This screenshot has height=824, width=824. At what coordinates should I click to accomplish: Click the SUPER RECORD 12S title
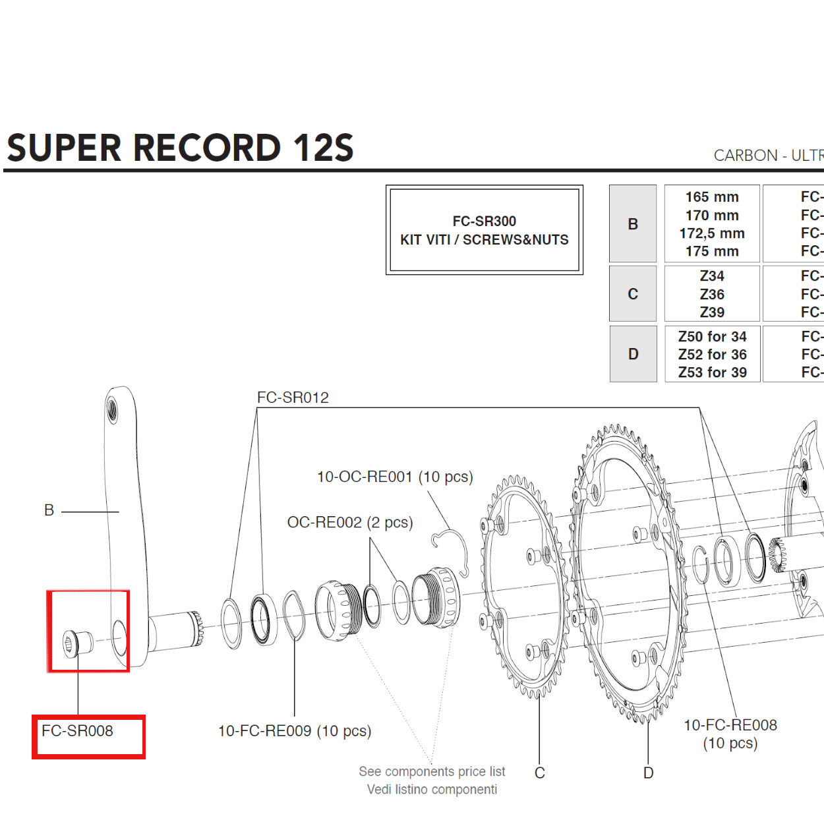(180, 148)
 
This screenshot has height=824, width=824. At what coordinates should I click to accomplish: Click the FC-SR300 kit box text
(484, 230)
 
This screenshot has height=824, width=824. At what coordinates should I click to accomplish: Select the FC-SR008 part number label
(77, 731)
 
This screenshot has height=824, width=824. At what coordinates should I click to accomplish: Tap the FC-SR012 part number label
(293, 397)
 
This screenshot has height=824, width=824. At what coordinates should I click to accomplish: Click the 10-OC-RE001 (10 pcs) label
(395, 477)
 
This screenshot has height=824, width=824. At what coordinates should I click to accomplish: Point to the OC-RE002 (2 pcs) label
(349, 523)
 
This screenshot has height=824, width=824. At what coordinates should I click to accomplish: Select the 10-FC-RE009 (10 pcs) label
(295, 731)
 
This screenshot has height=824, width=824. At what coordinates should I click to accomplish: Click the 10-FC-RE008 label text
(730, 725)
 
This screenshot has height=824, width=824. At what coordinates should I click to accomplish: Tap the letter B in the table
(633, 224)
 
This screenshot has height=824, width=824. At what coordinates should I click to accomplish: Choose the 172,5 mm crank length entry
(712, 233)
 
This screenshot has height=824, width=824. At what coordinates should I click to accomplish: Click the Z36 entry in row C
(712, 294)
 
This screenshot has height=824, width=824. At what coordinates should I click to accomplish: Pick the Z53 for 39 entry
(712, 372)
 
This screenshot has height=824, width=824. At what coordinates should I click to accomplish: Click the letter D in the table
(633, 354)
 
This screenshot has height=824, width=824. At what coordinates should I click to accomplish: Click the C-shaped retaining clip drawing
(452, 547)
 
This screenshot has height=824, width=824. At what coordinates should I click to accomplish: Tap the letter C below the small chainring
(539, 773)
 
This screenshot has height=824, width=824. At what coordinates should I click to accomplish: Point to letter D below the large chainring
(648, 773)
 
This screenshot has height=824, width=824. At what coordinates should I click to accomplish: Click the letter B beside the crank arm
(49, 510)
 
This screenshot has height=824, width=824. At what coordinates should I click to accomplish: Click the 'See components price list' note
(432, 771)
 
